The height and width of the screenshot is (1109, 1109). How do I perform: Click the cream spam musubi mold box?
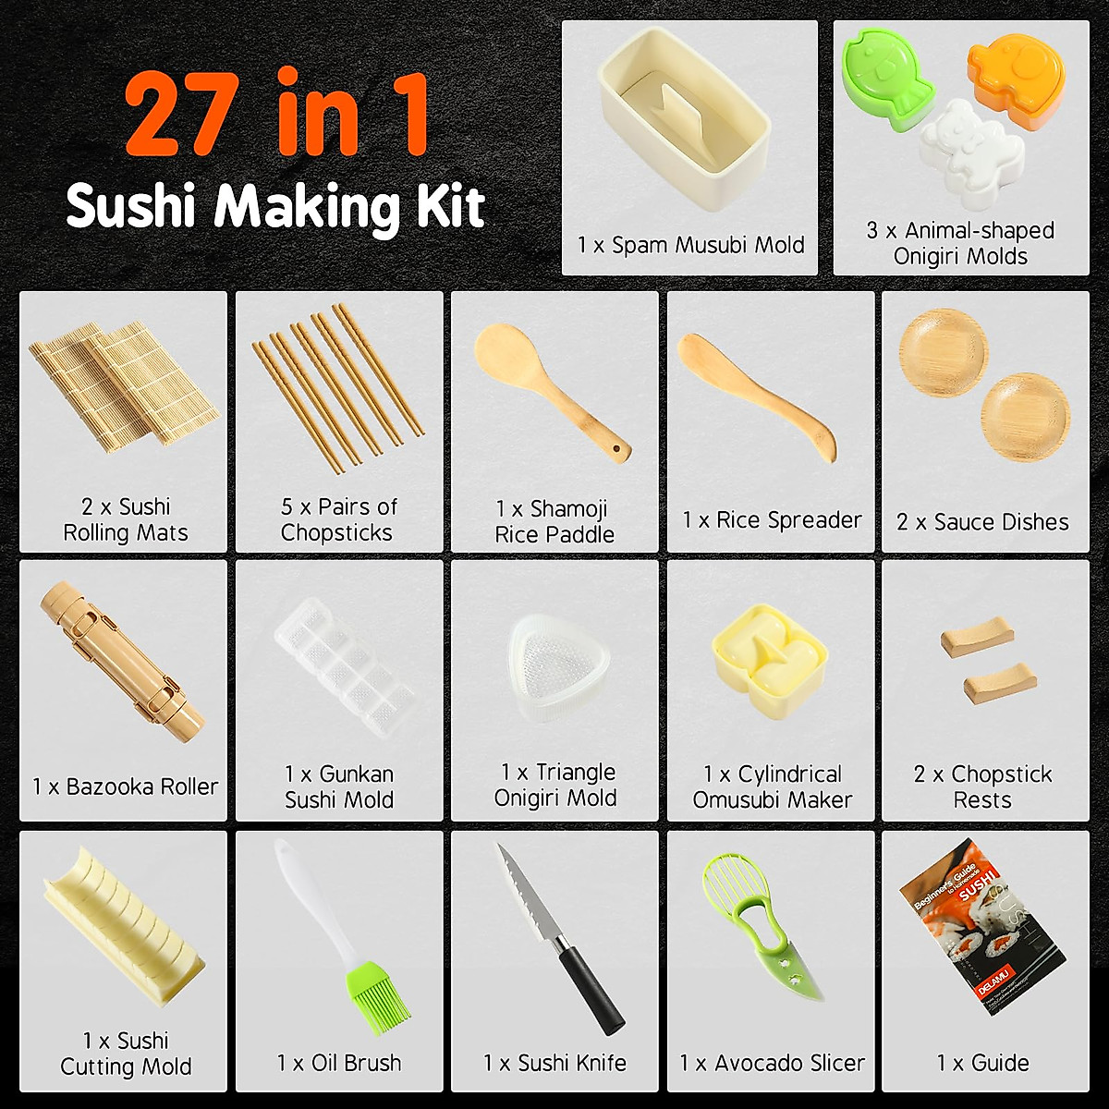(684, 120)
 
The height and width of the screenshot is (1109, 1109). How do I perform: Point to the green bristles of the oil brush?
(379, 1000)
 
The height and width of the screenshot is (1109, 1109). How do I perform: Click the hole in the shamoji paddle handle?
(616, 451)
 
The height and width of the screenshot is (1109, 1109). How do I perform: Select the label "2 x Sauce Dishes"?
(982, 522)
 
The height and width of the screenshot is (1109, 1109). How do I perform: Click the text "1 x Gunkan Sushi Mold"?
(339, 786)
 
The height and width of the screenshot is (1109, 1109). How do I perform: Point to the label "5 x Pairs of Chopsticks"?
(339, 519)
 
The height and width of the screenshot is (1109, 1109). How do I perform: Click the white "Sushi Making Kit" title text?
(275, 206)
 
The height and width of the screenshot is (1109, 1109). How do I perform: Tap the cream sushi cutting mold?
(120, 933)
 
